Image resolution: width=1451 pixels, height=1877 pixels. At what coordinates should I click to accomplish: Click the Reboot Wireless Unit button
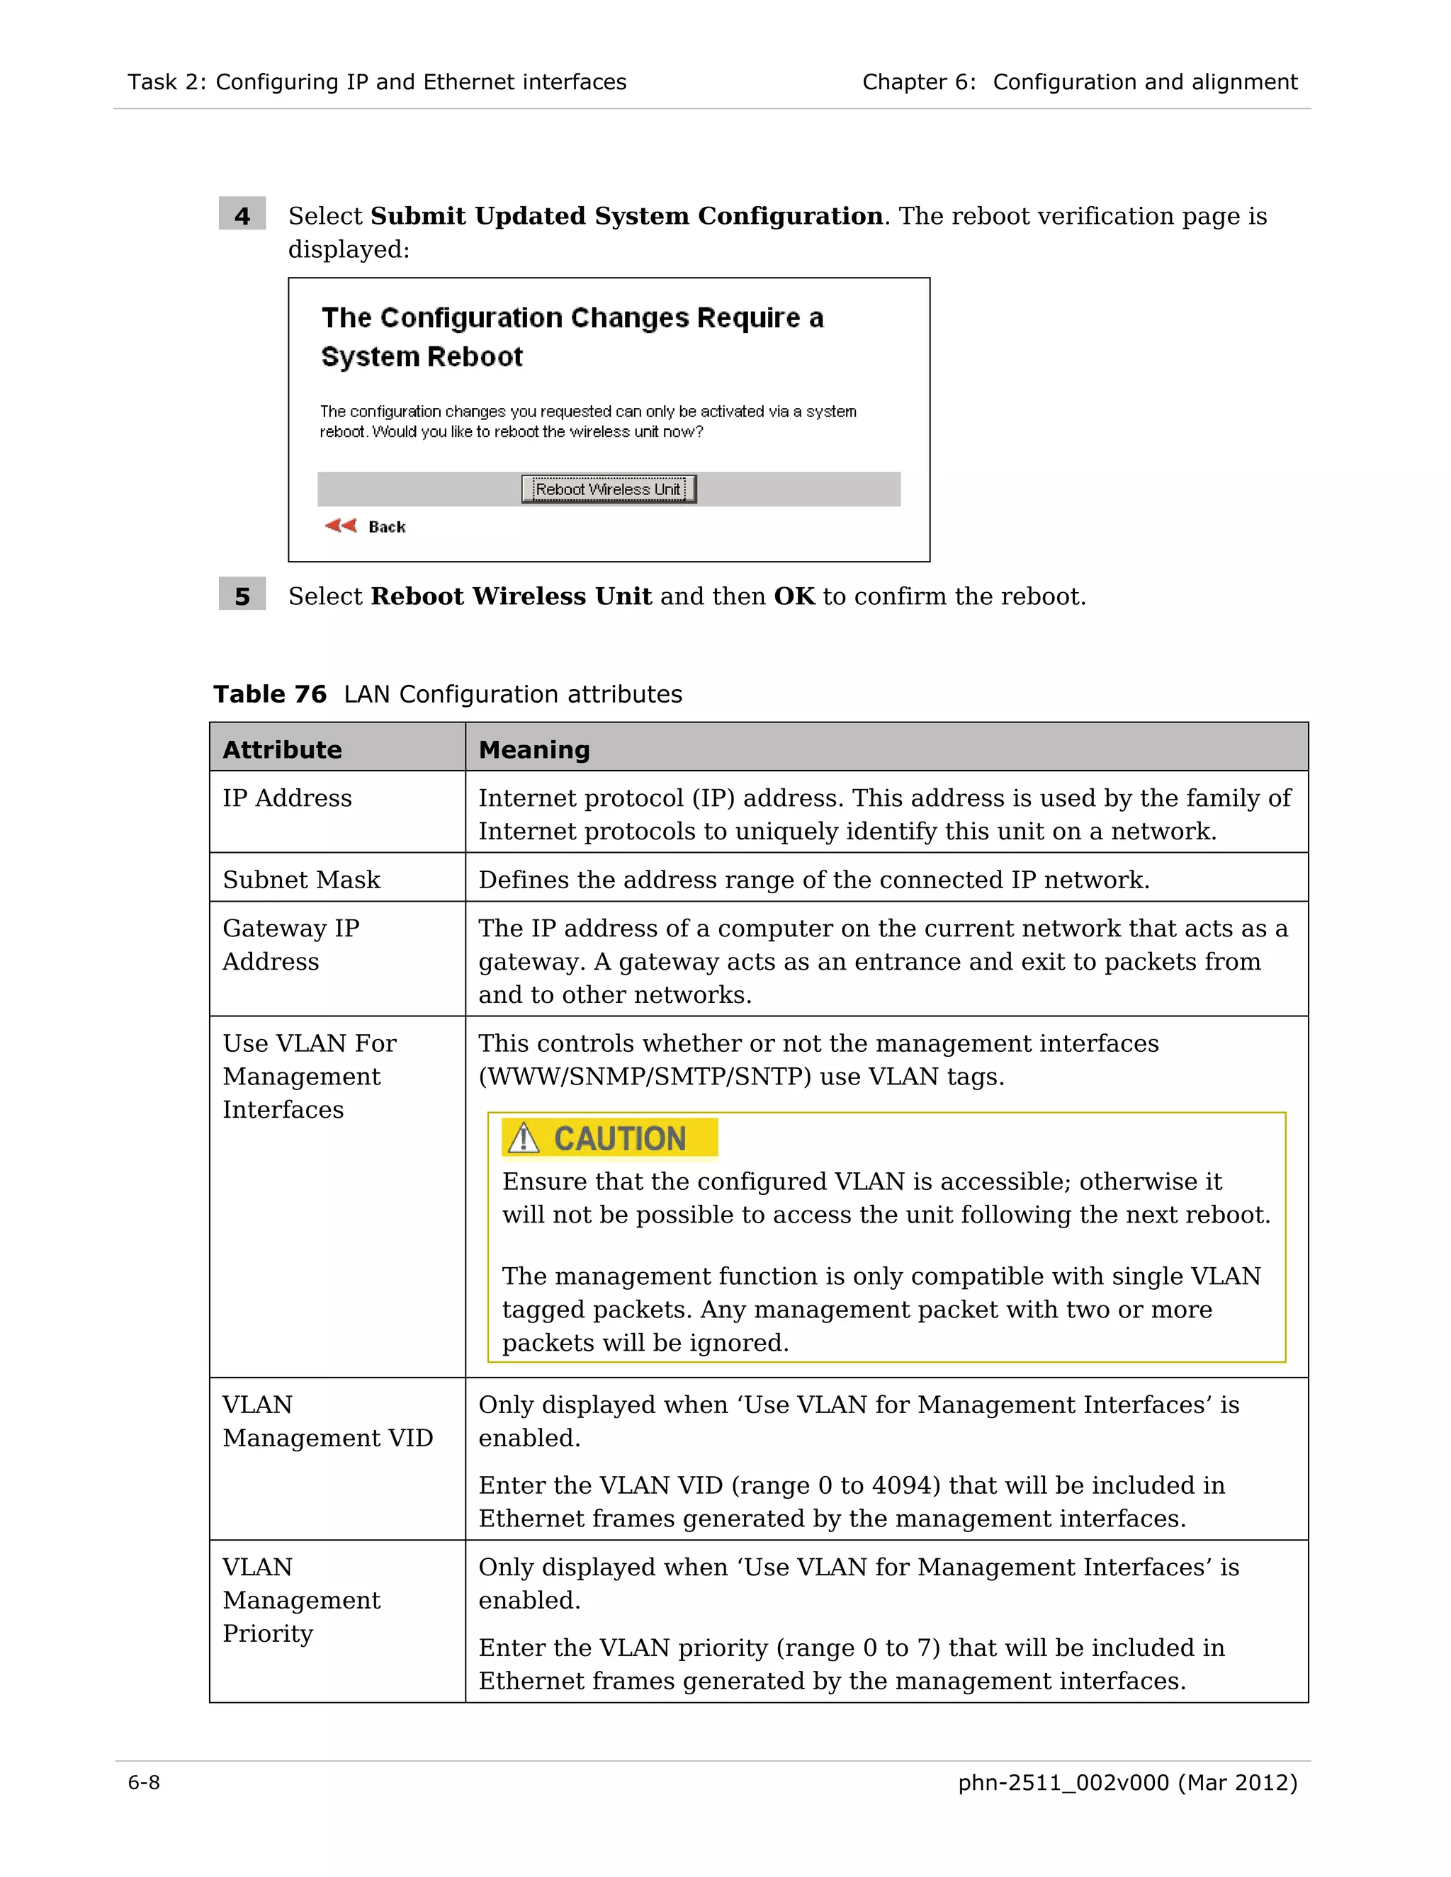click(608, 489)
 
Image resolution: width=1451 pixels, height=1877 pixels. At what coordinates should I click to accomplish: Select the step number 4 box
click(242, 215)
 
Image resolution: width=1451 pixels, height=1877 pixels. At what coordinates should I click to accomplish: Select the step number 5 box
click(242, 595)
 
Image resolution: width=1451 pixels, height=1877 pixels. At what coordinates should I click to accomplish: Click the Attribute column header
click(282, 749)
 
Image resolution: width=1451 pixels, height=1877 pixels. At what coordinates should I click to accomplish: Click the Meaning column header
click(533, 749)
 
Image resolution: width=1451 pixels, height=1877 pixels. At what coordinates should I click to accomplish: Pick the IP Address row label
click(287, 798)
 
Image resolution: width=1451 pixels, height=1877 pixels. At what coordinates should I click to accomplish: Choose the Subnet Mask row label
click(301, 879)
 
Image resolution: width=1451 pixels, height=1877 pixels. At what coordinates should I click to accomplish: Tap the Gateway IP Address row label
click(290, 943)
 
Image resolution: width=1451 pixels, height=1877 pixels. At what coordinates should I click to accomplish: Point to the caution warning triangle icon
click(523, 1138)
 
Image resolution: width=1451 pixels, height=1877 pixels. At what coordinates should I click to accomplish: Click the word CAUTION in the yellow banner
click(619, 1138)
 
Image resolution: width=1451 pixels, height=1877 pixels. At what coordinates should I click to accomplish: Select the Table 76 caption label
click(270, 693)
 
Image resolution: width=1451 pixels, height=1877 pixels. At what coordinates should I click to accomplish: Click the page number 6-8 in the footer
click(144, 1783)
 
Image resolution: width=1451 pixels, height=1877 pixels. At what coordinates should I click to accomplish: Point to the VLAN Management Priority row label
click(301, 1599)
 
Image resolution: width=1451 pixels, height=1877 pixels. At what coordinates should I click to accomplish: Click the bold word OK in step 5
click(794, 596)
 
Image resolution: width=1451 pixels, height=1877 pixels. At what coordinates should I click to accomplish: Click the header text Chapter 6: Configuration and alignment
click(1079, 81)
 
